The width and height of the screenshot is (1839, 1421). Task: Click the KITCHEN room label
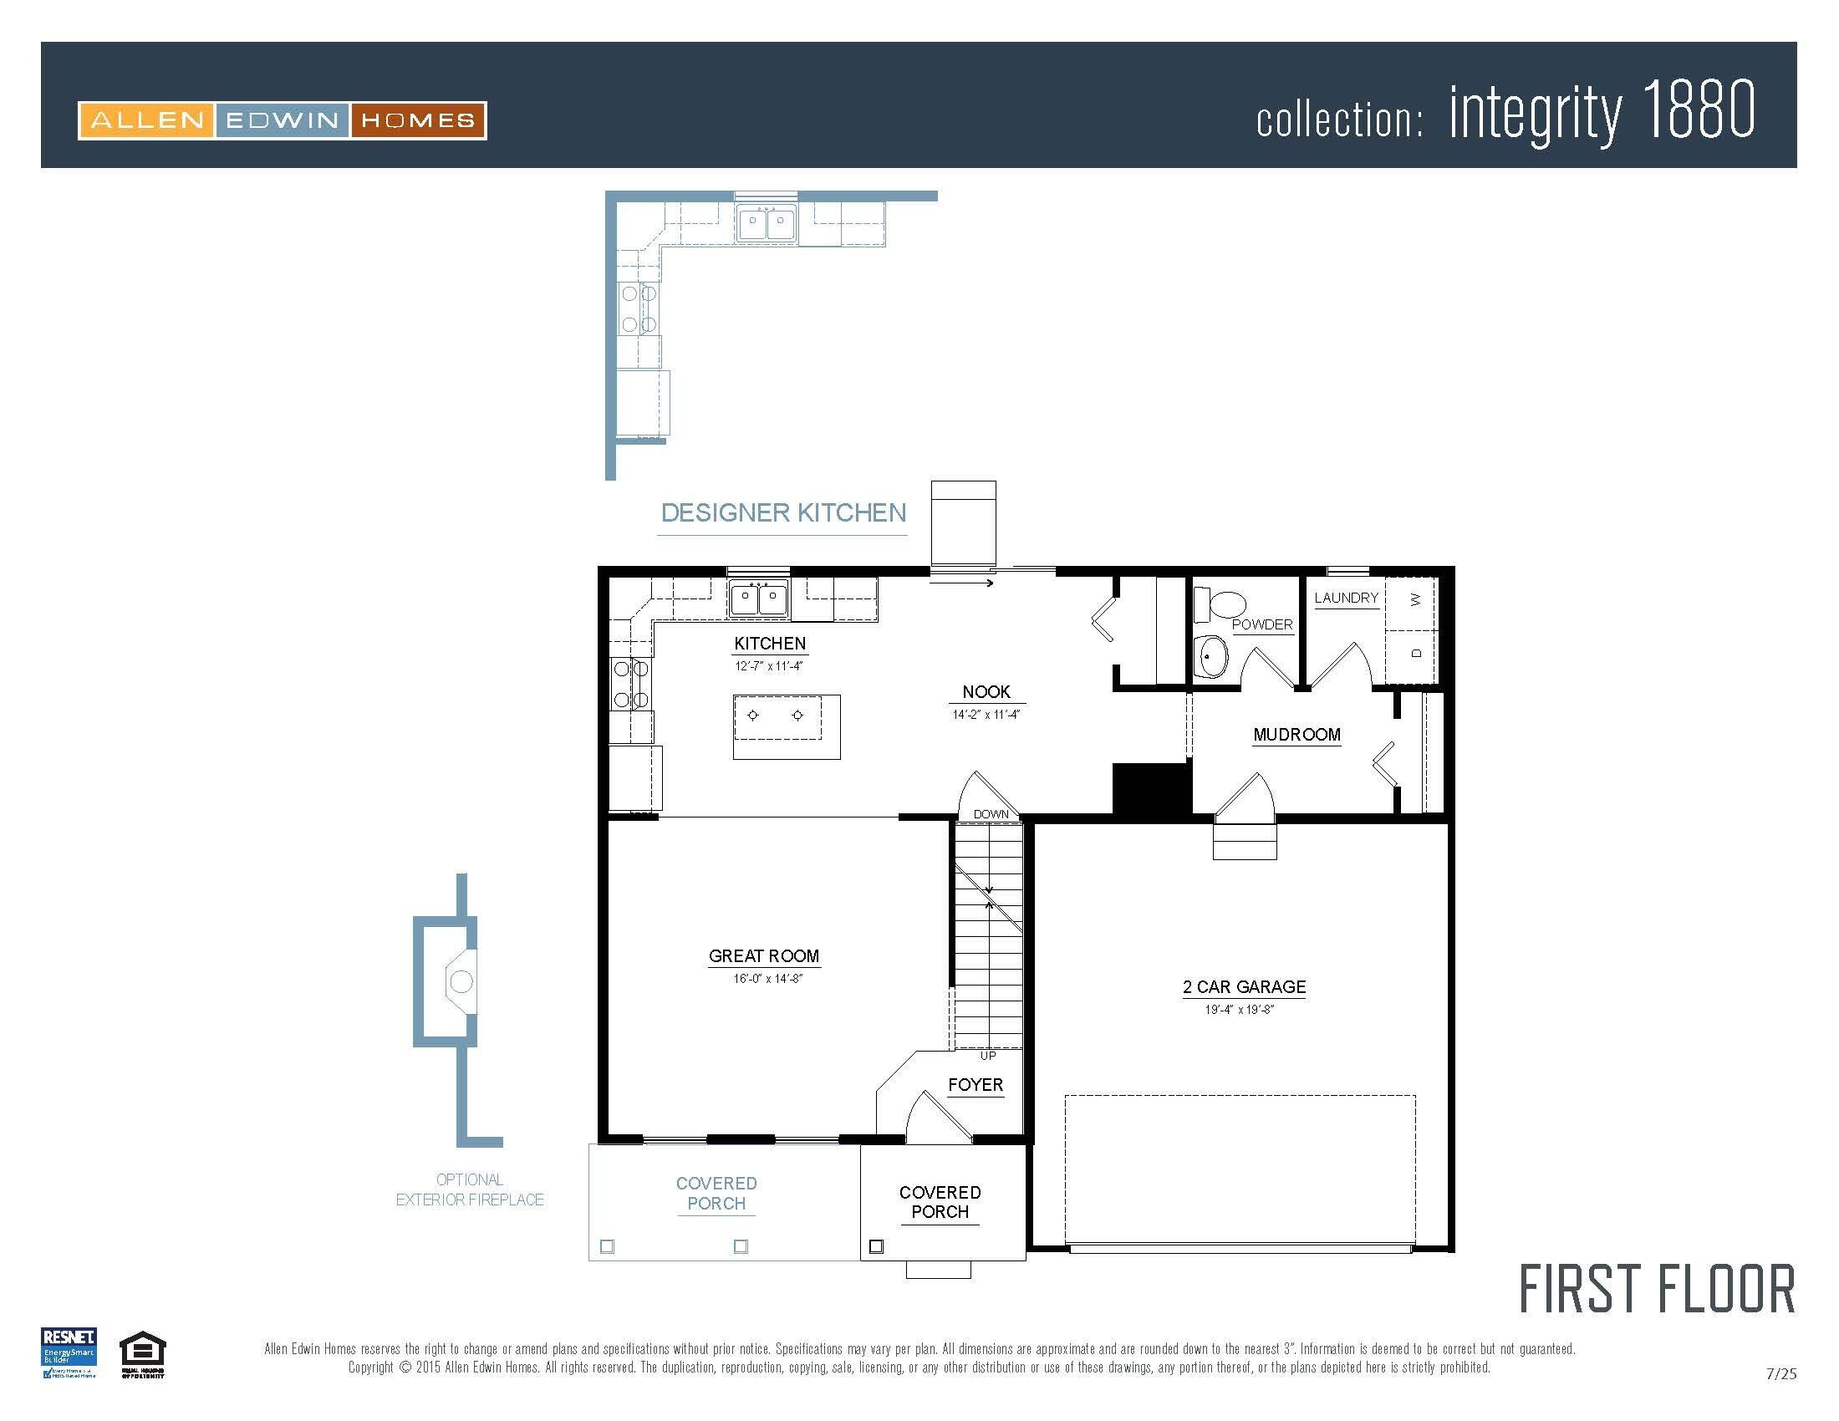[770, 643]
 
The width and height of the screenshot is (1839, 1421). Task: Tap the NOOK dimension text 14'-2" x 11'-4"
[986, 715]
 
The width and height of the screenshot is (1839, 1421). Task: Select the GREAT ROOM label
[764, 956]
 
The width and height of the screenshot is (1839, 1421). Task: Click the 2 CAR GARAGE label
[1244, 986]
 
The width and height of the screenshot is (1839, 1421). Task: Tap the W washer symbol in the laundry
[1415, 600]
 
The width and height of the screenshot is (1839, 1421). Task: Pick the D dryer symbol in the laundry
[1415, 654]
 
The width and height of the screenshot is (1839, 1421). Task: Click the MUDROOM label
[1296, 734]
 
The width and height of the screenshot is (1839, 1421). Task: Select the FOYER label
[975, 1085]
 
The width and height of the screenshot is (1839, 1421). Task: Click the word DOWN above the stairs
[991, 814]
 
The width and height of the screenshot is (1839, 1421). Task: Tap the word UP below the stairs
[988, 1056]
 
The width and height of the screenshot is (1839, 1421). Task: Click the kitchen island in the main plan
[787, 726]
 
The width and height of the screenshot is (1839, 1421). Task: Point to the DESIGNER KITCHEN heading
[783, 512]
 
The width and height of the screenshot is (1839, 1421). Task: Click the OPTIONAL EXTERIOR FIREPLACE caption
[470, 1189]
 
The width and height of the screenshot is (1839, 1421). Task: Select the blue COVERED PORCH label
[716, 1193]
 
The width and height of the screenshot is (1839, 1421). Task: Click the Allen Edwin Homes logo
[282, 120]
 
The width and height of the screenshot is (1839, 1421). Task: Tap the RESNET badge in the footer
[69, 1352]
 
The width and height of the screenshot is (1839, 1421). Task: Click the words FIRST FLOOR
[1656, 1290]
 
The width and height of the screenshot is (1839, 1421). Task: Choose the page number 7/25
[1780, 1374]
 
